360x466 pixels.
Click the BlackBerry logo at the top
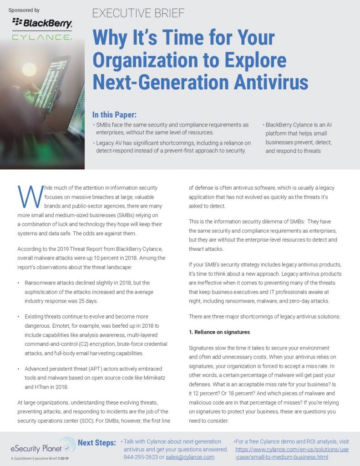point(42,22)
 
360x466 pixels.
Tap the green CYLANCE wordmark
point(42,36)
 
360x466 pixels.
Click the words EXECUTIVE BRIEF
point(138,13)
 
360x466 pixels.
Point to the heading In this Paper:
point(114,114)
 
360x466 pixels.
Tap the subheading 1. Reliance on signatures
point(219,332)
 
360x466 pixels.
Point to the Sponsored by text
point(24,10)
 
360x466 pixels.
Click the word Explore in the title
point(254,61)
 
